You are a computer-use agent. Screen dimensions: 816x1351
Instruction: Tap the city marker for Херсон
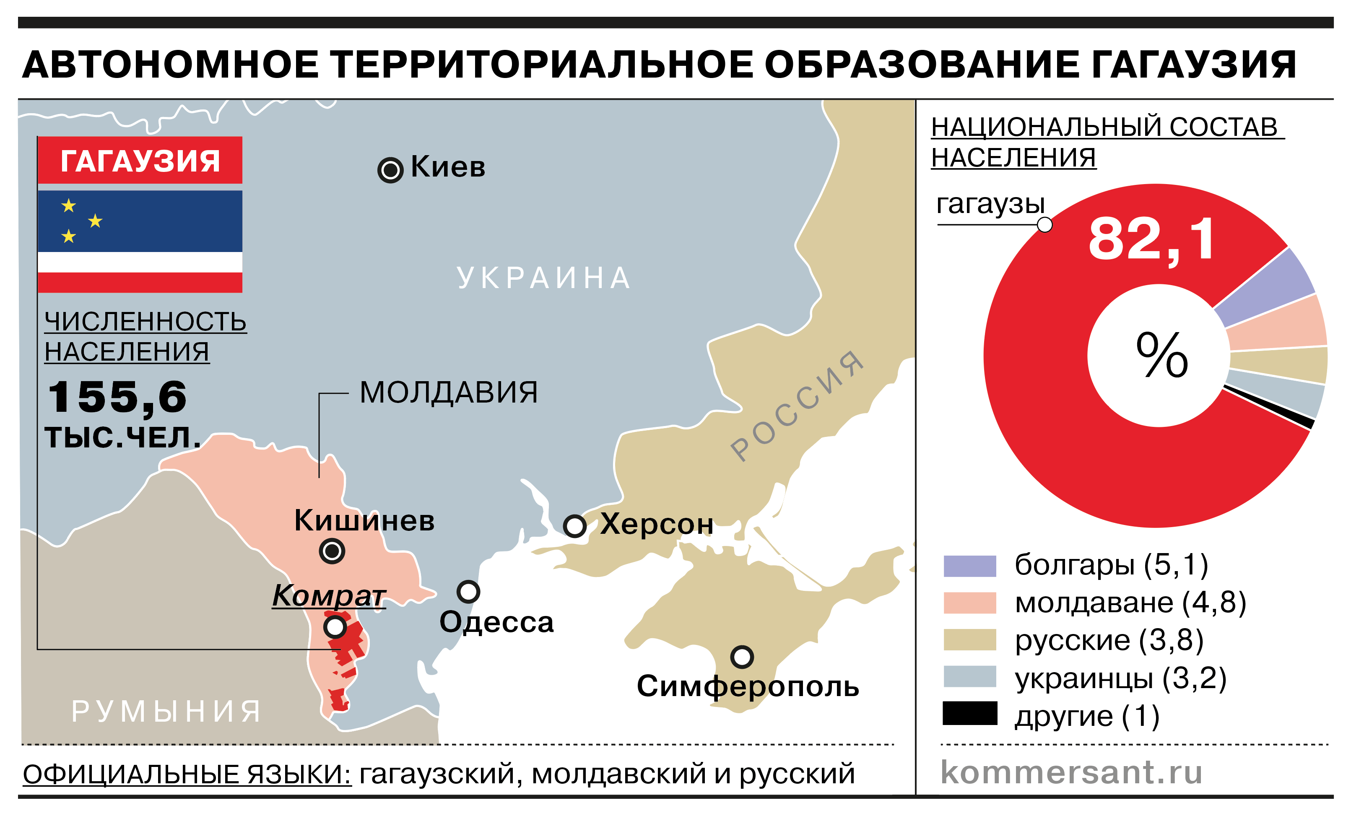pyautogui.click(x=574, y=526)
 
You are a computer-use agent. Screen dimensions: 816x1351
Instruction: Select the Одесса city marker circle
pyautogui.click(x=468, y=592)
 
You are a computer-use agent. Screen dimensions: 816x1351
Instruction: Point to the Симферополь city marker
pyautogui.click(x=742, y=656)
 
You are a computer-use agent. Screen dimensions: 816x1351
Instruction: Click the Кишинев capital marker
pyautogui.click(x=332, y=551)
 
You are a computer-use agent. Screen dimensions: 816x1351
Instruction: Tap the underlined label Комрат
pyautogui.click(x=329, y=595)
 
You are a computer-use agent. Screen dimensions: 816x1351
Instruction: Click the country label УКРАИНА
pyautogui.click(x=544, y=278)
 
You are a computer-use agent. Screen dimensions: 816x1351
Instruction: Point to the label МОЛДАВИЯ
pyautogui.click(x=449, y=392)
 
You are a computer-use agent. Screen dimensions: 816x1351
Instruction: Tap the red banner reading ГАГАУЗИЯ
pyautogui.click(x=140, y=160)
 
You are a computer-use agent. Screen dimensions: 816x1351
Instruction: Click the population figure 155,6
pyautogui.click(x=117, y=397)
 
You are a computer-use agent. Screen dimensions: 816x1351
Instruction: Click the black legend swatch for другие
pyautogui.click(x=969, y=713)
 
